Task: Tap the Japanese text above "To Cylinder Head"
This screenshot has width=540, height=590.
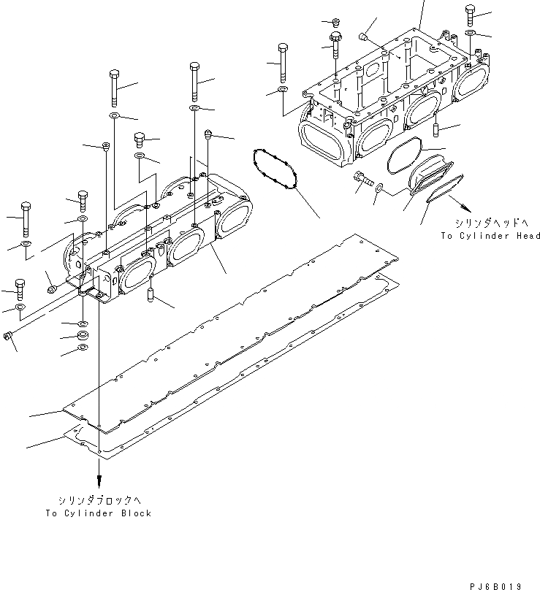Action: (x=490, y=223)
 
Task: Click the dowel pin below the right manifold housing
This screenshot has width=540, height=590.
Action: (x=436, y=129)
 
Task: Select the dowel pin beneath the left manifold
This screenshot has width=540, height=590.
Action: (x=150, y=296)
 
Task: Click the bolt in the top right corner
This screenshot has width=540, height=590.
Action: (x=469, y=15)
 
